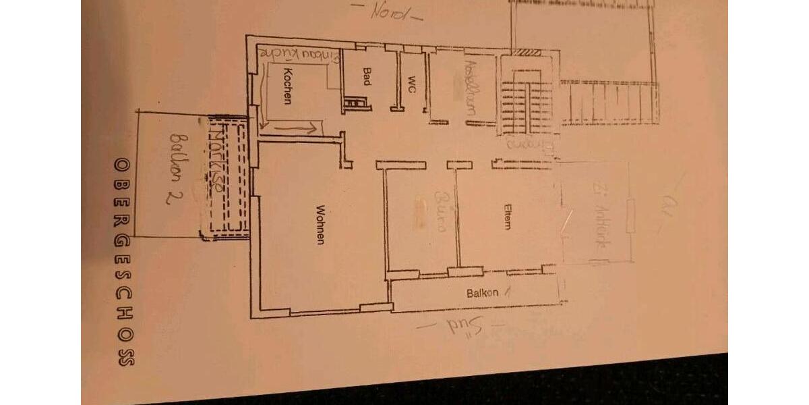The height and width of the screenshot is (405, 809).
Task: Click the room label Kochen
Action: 287,86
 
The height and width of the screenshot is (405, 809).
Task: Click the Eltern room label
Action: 507,217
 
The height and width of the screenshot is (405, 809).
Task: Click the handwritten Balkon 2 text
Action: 175,167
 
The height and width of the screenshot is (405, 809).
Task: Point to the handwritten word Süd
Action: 461,327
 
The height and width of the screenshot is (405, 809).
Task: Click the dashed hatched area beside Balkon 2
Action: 225,177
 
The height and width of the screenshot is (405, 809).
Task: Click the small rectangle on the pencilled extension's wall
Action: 630,216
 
